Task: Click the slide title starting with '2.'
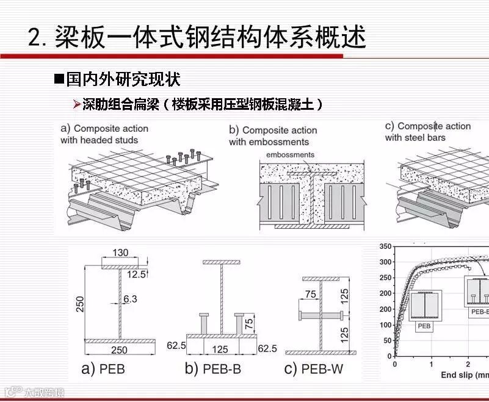(197, 37)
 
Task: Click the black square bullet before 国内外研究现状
(59, 79)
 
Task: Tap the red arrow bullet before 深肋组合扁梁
(76, 105)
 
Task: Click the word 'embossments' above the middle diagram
(290, 155)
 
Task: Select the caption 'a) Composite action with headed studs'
(104, 134)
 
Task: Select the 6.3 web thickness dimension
(130, 299)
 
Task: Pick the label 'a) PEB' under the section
(104, 368)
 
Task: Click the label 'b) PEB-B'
(211, 368)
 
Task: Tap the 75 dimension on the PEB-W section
(310, 294)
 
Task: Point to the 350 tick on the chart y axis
(385, 246)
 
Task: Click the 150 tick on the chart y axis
(385, 309)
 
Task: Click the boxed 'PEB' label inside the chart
(424, 326)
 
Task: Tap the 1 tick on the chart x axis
(431, 364)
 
